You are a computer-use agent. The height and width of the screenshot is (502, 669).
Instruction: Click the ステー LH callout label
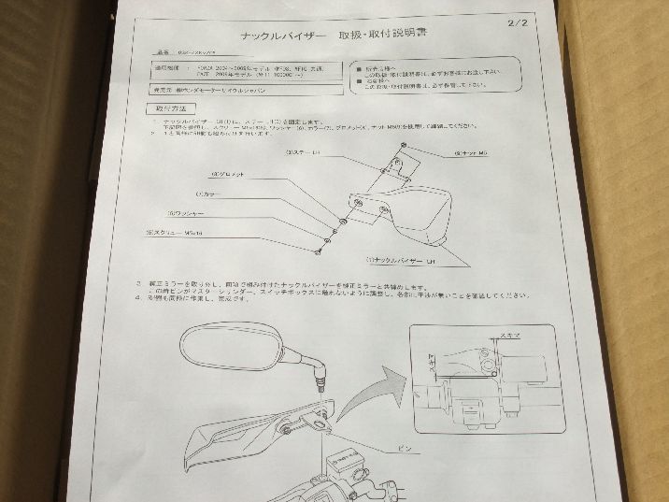point(306,150)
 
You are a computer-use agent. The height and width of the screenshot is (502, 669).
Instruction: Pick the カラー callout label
point(206,194)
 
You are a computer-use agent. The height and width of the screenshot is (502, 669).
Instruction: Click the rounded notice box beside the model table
point(435,75)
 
